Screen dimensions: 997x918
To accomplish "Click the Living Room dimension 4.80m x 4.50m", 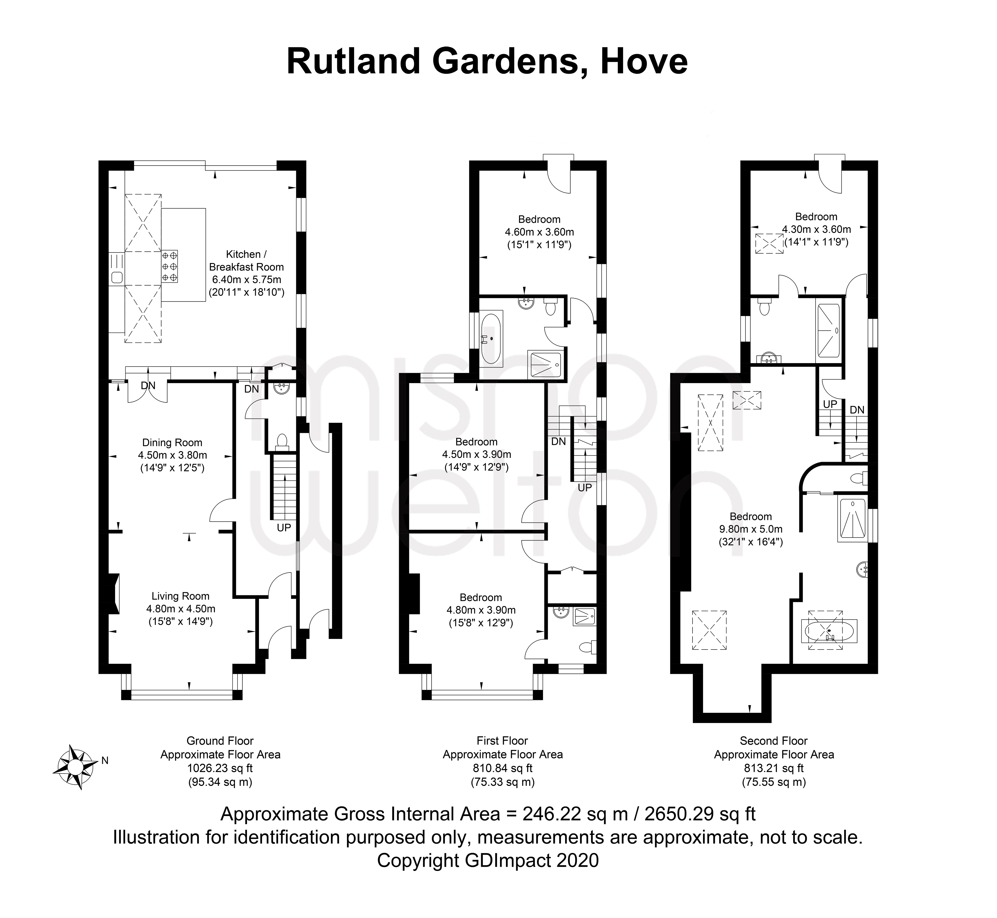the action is pos(181,608).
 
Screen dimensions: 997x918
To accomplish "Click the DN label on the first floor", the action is pos(559,441).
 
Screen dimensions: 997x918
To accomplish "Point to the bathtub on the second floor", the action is pos(829,631).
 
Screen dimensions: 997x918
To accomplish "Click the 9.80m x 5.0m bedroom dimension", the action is pos(751,529).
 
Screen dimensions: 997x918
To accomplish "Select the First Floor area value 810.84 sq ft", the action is pos(502,768).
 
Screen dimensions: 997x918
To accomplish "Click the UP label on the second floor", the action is pos(830,404).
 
